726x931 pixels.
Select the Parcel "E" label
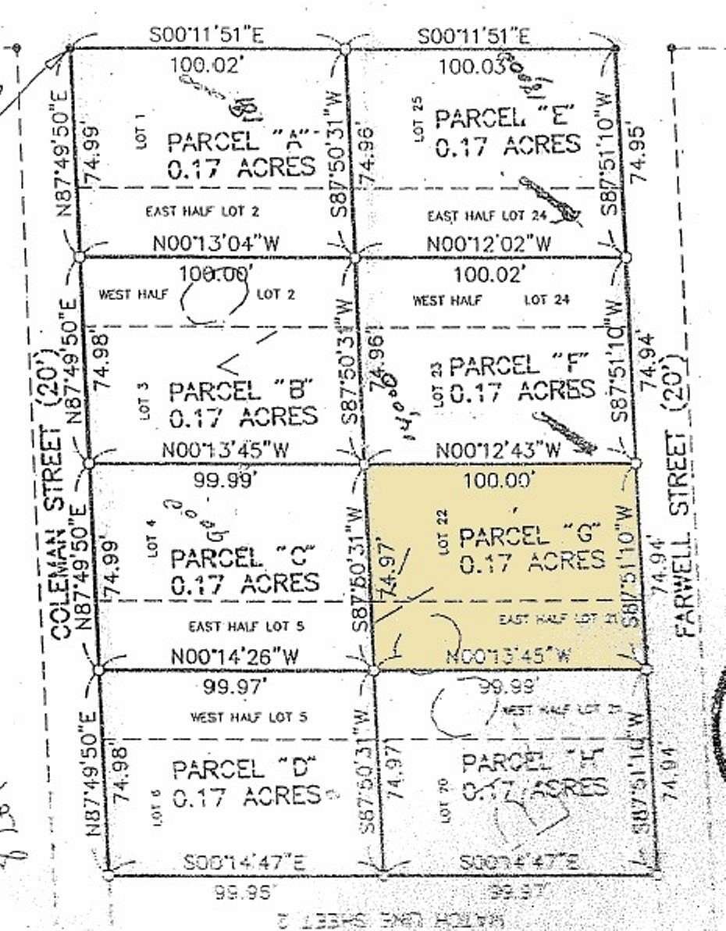coord(507,119)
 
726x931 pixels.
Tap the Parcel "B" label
coord(241,389)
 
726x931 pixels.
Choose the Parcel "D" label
coord(240,769)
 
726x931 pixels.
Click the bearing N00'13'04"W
coord(216,242)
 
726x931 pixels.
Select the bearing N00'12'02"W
coord(489,244)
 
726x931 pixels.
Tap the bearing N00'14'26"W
coord(235,657)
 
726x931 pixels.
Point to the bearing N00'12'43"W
coord(499,451)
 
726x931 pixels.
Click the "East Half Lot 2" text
coord(203,210)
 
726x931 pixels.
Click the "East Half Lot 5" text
coord(247,626)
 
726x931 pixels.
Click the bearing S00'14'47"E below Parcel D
coord(244,862)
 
